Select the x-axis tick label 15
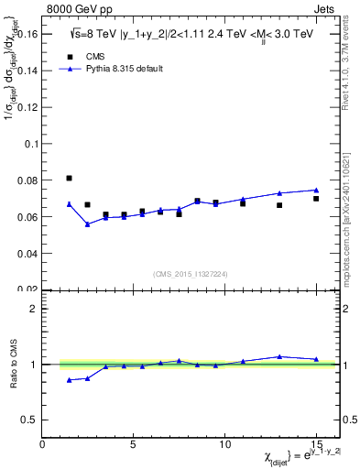(x=316, y=443)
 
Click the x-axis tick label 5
(x=134, y=443)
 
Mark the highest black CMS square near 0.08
(x=70, y=178)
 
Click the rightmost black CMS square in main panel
(x=316, y=199)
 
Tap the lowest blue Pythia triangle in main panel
(x=88, y=224)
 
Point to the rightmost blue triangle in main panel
(x=316, y=190)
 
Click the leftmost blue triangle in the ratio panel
(x=70, y=380)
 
